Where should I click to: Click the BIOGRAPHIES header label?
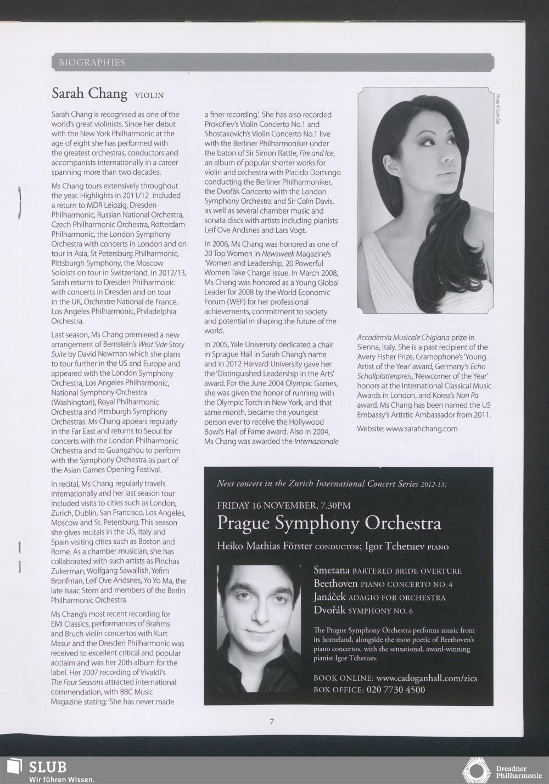(92, 63)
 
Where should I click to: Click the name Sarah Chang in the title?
(89, 93)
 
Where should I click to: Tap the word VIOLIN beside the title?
(149, 95)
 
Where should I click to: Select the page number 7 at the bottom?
(271, 721)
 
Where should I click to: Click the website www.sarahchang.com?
(422, 429)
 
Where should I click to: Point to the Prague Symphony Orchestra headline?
(329, 522)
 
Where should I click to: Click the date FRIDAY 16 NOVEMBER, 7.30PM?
(283, 505)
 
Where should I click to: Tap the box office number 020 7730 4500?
(395, 690)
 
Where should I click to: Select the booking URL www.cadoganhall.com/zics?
(427, 678)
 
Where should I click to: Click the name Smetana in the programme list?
(332, 570)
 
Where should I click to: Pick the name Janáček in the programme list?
(329, 597)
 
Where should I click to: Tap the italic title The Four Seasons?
(77, 682)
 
